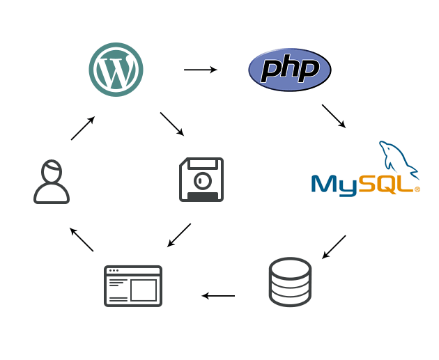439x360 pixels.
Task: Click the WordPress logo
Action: tap(116, 70)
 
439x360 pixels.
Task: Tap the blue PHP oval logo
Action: tap(290, 70)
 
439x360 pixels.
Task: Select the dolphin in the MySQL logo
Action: tap(399, 160)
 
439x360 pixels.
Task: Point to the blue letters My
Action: tap(334, 185)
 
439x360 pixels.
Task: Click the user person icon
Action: tap(52, 182)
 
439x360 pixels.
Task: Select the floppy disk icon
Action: tap(201, 180)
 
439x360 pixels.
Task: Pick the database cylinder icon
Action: tap(290, 282)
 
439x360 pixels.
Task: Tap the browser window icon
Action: tap(133, 286)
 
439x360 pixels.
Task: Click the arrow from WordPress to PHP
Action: tap(201, 70)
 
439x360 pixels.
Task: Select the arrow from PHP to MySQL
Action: tap(334, 116)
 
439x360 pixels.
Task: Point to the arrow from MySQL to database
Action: tap(334, 247)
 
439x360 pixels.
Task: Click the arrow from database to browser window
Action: tap(218, 296)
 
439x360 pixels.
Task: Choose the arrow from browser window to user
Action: tap(82, 240)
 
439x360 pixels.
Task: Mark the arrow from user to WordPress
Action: tap(83, 128)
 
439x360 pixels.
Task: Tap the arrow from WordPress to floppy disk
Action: tap(172, 124)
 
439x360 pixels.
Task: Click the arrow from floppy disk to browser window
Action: tap(179, 235)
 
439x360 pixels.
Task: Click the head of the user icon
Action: tap(52, 171)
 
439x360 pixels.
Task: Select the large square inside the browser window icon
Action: tap(144, 290)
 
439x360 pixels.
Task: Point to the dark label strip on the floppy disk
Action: tap(203, 196)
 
